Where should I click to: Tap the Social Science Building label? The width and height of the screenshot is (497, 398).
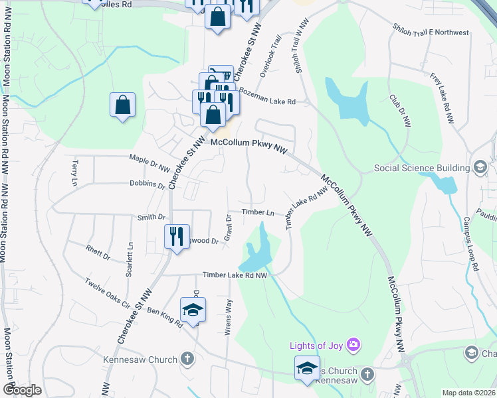(422, 168)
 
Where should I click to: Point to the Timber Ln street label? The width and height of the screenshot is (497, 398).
(258, 212)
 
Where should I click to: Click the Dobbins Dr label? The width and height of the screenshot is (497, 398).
(147, 185)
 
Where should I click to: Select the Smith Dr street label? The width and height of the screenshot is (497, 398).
(151, 217)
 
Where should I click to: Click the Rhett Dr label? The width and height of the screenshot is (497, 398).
(97, 250)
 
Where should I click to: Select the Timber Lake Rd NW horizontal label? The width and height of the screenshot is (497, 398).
(235, 275)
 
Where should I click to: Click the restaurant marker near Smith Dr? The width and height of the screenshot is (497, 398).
(176, 235)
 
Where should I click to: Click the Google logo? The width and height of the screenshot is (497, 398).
(22, 390)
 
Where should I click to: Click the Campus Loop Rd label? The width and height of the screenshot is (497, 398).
(471, 243)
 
